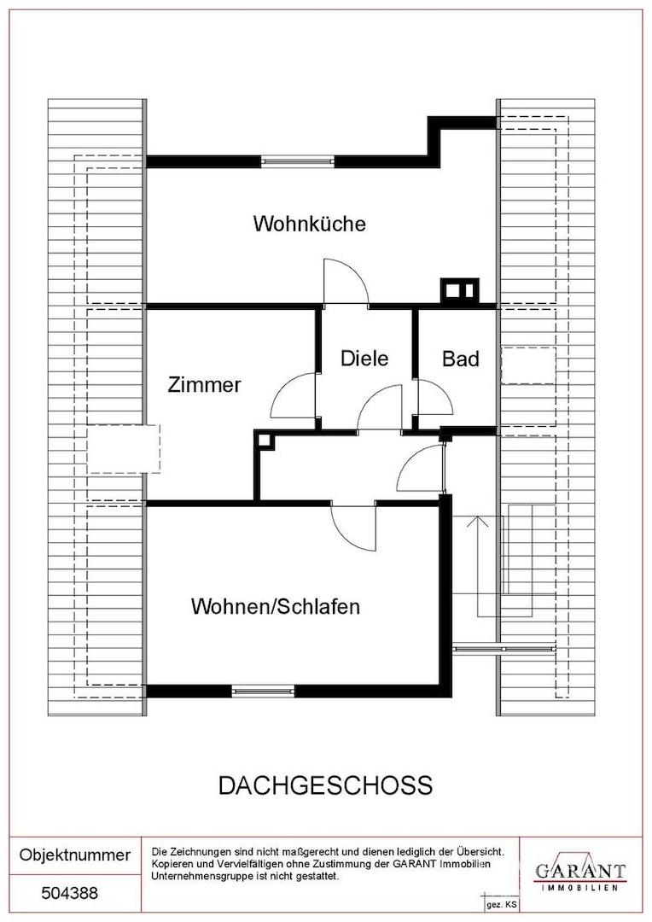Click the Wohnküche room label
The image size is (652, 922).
click(x=309, y=224)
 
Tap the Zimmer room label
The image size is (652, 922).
click(x=204, y=384)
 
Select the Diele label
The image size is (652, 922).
click(x=364, y=358)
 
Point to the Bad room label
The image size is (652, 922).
click(x=460, y=358)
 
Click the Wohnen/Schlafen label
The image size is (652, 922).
click(x=275, y=606)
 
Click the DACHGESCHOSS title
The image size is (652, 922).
click(x=325, y=785)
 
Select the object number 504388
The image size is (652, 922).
click(x=69, y=893)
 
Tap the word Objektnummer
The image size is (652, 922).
click(x=74, y=855)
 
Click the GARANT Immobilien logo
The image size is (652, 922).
click(x=579, y=873)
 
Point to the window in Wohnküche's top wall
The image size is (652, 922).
click(x=298, y=161)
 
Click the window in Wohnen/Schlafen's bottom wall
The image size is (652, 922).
click(x=263, y=691)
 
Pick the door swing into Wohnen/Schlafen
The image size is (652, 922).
click(x=353, y=528)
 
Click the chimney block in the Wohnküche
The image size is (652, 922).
click(x=460, y=290)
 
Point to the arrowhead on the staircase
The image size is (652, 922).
click(x=477, y=521)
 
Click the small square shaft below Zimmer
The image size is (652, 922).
click(x=265, y=440)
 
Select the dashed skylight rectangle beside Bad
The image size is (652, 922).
click(x=528, y=365)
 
